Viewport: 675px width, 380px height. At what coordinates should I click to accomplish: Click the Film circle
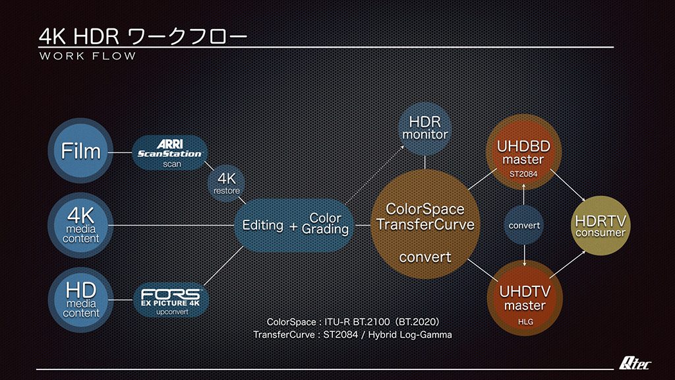click(80, 151)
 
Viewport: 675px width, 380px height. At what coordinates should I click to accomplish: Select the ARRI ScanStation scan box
click(170, 153)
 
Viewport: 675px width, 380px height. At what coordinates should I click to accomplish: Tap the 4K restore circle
click(227, 183)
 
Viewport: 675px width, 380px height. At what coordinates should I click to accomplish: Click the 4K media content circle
click(80, 226)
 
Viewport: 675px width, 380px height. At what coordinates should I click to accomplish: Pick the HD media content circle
click(80, 300)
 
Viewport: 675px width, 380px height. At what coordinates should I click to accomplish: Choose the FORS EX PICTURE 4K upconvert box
click(171, 300)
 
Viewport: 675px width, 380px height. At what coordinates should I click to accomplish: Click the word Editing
click(262, 225)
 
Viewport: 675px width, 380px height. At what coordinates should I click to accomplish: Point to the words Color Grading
click(325, 224)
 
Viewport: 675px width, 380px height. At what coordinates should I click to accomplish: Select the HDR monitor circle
click(425, 129)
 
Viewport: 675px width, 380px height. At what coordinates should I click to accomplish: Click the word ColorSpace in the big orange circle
click(425, 209)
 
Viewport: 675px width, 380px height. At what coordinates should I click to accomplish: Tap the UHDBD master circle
click(523, 152)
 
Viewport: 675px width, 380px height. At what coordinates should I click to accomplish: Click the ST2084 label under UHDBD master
click(523, 174)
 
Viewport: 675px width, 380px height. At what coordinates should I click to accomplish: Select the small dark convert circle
click(524, 226)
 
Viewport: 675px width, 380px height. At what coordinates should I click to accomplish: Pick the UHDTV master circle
click(525, 298)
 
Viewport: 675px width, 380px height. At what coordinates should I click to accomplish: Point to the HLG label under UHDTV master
click(525, 322)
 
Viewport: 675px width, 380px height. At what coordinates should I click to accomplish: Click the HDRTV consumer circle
click(600, 226)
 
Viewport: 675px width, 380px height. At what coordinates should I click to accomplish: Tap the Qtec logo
click(635, 364)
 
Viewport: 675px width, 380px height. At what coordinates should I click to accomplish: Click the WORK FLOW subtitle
click(88, 56)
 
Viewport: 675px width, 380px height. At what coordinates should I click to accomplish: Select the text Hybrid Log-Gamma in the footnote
click(410, 334)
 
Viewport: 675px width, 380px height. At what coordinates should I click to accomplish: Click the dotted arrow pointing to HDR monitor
click(374, 174)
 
